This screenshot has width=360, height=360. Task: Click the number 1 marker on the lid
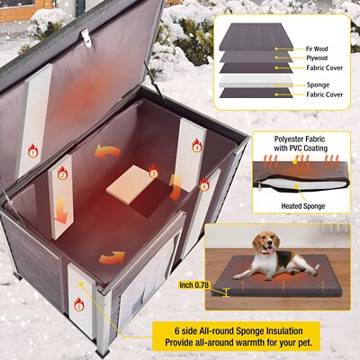pos(33,153)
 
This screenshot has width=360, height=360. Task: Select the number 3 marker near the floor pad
pos(153,173)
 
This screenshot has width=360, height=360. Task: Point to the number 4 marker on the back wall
pos(195,148)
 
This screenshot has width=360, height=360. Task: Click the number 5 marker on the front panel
pos(78,306)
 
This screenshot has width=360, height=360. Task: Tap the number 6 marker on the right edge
pos(204,185)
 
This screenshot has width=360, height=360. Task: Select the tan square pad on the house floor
pos(126,184)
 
